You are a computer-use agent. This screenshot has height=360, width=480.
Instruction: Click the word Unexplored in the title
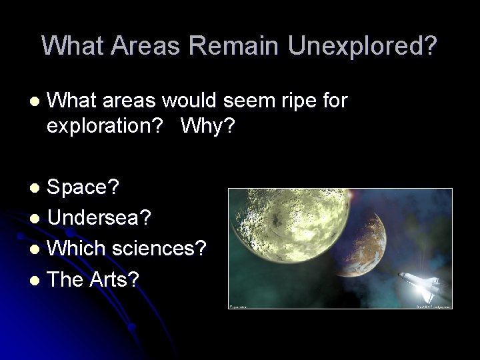pos(363,45)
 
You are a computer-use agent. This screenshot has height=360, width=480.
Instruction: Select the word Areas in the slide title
pos(146,45)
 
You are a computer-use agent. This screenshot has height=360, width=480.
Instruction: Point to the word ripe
pos(302,101)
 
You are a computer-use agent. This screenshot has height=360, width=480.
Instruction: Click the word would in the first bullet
pos(195,101)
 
